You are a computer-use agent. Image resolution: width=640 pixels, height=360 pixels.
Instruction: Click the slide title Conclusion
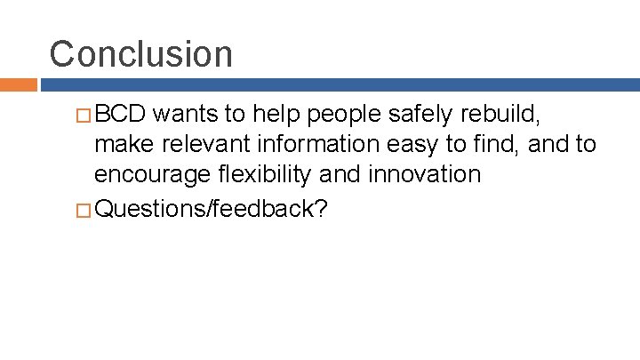tap(140, 53)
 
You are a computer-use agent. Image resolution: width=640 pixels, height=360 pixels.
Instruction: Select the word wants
tap(190, 115)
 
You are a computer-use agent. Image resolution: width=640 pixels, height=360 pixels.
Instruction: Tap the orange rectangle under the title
tap(18, 85)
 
